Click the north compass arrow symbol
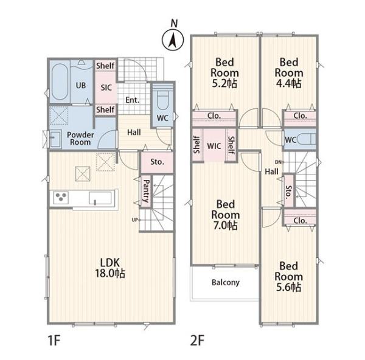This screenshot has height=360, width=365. pos(173,40)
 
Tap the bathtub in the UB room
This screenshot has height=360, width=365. pos(60,81)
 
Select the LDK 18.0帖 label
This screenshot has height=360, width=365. pos(110,268)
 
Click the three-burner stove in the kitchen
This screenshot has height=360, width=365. pos(61,198)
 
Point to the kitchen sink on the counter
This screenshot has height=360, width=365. pos(100,198)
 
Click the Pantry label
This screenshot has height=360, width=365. pos(146,190)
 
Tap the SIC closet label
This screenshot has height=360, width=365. pos(106,88)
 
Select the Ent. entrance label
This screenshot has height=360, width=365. pos(133,100)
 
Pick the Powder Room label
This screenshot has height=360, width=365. pos(80,139)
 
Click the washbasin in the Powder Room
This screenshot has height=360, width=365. pos(55,139)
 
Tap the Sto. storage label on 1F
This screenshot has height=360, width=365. pos(157,162)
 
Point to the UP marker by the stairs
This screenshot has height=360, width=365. pos(135,220)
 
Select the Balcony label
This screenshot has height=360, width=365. pos(226,283)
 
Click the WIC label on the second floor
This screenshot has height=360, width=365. pos(214,146)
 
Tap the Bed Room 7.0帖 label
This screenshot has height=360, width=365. pos(225,215)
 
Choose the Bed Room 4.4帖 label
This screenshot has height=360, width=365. pos(289,73)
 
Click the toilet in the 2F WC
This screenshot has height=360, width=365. pos(307,140)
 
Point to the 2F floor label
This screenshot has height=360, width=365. pos(197,341)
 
